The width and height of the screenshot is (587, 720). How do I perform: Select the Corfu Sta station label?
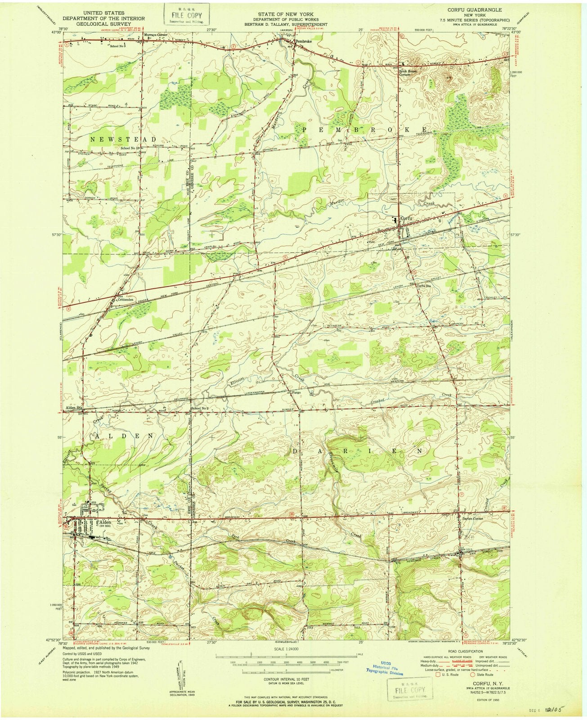tap(424, 285)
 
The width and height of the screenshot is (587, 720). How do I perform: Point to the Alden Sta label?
tap(72, 408)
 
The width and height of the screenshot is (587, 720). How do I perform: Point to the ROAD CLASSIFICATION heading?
tap(465, 651)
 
